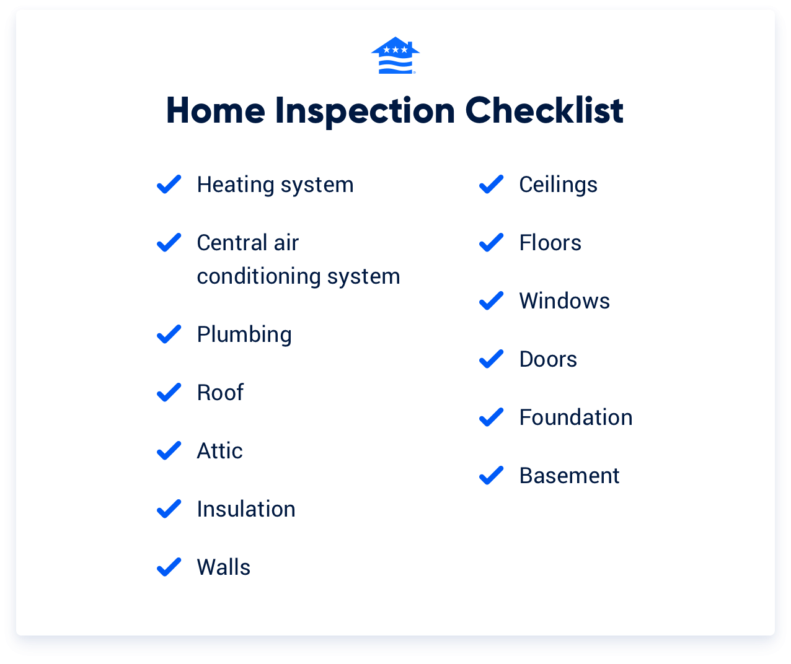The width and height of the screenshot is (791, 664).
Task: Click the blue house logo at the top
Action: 395,56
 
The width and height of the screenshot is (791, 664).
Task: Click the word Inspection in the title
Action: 365,111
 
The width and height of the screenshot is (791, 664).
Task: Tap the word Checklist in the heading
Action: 544,111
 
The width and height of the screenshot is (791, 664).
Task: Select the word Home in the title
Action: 216,111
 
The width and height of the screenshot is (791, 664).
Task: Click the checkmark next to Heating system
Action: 169,184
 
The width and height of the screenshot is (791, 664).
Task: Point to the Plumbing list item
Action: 244,334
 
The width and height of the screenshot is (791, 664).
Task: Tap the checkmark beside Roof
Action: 169,392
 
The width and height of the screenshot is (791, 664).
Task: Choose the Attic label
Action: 219,451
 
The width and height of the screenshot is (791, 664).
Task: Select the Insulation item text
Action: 246,509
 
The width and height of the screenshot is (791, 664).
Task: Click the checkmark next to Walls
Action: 169,567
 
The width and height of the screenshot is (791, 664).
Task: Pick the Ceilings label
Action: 558,185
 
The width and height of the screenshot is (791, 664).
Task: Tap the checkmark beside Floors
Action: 491,242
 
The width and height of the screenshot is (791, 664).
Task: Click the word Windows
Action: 564,301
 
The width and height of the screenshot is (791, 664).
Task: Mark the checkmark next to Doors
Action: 491,359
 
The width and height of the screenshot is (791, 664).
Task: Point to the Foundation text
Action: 576,417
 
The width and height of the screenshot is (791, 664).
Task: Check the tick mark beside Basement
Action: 491,475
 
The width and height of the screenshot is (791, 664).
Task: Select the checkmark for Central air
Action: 169,242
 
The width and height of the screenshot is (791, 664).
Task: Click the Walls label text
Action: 224,567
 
